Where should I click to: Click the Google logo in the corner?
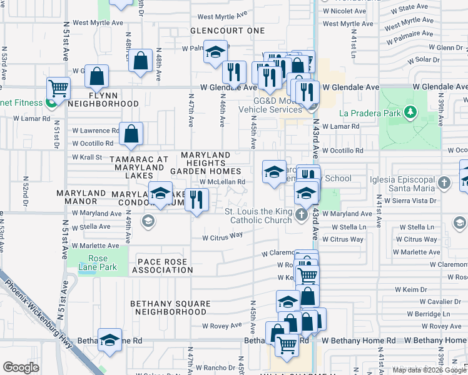21,367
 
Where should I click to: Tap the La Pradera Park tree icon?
410,112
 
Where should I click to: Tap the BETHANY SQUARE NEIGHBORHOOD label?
168,307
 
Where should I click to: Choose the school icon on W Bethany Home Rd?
109,339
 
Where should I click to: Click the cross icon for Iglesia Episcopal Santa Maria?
444,183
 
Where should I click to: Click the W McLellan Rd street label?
222,182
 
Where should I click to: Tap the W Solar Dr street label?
422,59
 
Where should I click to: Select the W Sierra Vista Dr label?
410,201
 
